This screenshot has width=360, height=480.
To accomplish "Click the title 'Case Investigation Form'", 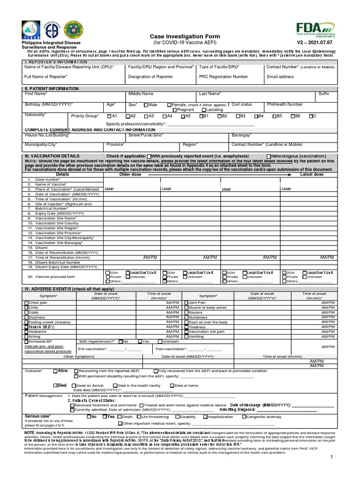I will pos(178,37).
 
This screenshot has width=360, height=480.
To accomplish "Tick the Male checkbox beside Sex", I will pos(146,105).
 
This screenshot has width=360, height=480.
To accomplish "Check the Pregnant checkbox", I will pos(175,110).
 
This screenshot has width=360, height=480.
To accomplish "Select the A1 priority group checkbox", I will pos(109,116).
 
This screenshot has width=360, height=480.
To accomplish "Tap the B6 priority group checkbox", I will pos(292,116).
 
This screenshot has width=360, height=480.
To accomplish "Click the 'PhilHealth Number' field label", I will pos(285,105).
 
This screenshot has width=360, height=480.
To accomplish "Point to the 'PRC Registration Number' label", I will pos(224,76).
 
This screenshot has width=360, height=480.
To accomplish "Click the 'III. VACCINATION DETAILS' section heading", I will pos(52,156).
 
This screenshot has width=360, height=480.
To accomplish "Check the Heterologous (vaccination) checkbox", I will pos(268,156).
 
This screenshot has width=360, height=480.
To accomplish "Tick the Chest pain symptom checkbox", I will pos(26,303).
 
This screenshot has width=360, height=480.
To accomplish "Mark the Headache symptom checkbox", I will pos(26,332).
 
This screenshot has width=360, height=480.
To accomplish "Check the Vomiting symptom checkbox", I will pos(186,337).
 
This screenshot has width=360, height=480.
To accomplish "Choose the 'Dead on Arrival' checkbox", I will pos(74,385).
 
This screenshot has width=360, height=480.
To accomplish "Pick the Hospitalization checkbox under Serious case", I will pos(205,416).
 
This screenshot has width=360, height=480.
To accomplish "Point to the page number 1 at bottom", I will pos(331,457).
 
